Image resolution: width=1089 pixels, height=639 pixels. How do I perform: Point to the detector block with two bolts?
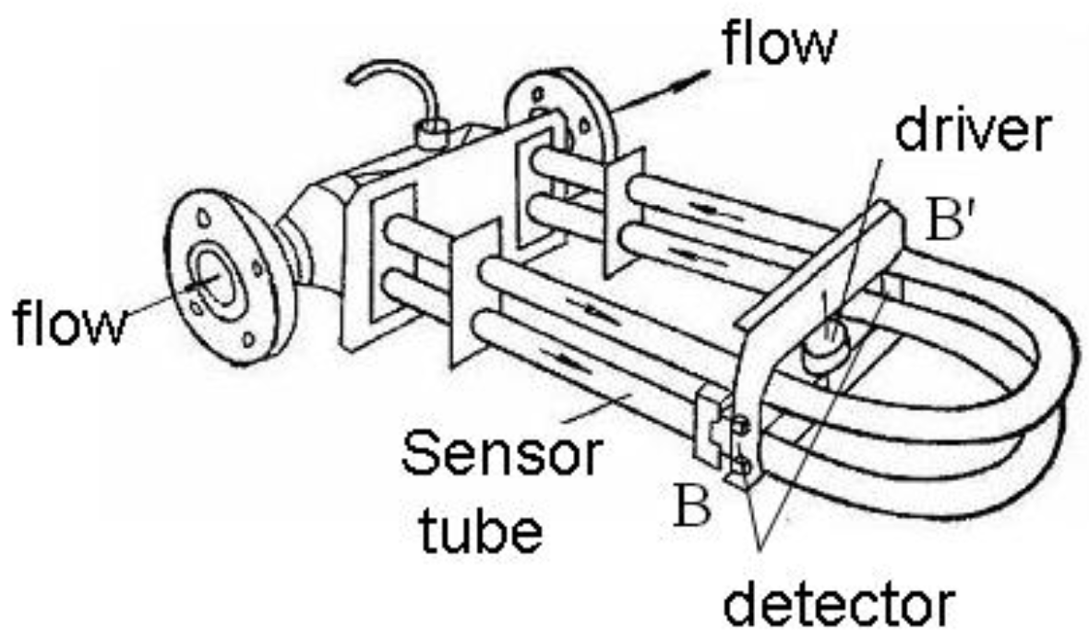[x=729, y=441]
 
